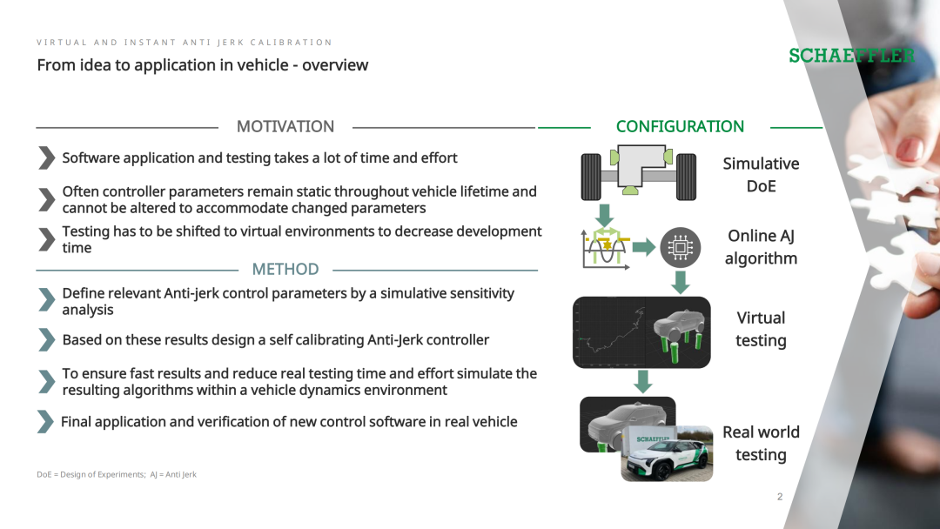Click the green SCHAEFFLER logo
(x=852, y=56)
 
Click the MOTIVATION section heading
(x=285, y=126)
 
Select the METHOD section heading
(x=285, y=269)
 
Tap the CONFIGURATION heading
(x=680, y=126)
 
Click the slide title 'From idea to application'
(x=203, y=64)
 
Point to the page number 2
(x=780, y=496)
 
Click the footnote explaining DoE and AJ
(x=117, y=474)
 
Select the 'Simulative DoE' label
(x=761, y=174)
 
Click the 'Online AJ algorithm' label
(x=761, y=247)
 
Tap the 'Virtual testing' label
(x=761, y=329)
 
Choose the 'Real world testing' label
(x=761, y=443)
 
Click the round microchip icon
(x=681, y=247)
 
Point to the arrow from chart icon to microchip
(x=644, y=247)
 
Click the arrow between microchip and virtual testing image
(x=681, y=282)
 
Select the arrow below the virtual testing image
(x=642, y=382)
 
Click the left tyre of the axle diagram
(x=591, y=177)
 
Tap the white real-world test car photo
(x=667, y=453)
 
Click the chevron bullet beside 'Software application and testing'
(x=46, y=158)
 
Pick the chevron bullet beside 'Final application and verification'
(x=45, y=422)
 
